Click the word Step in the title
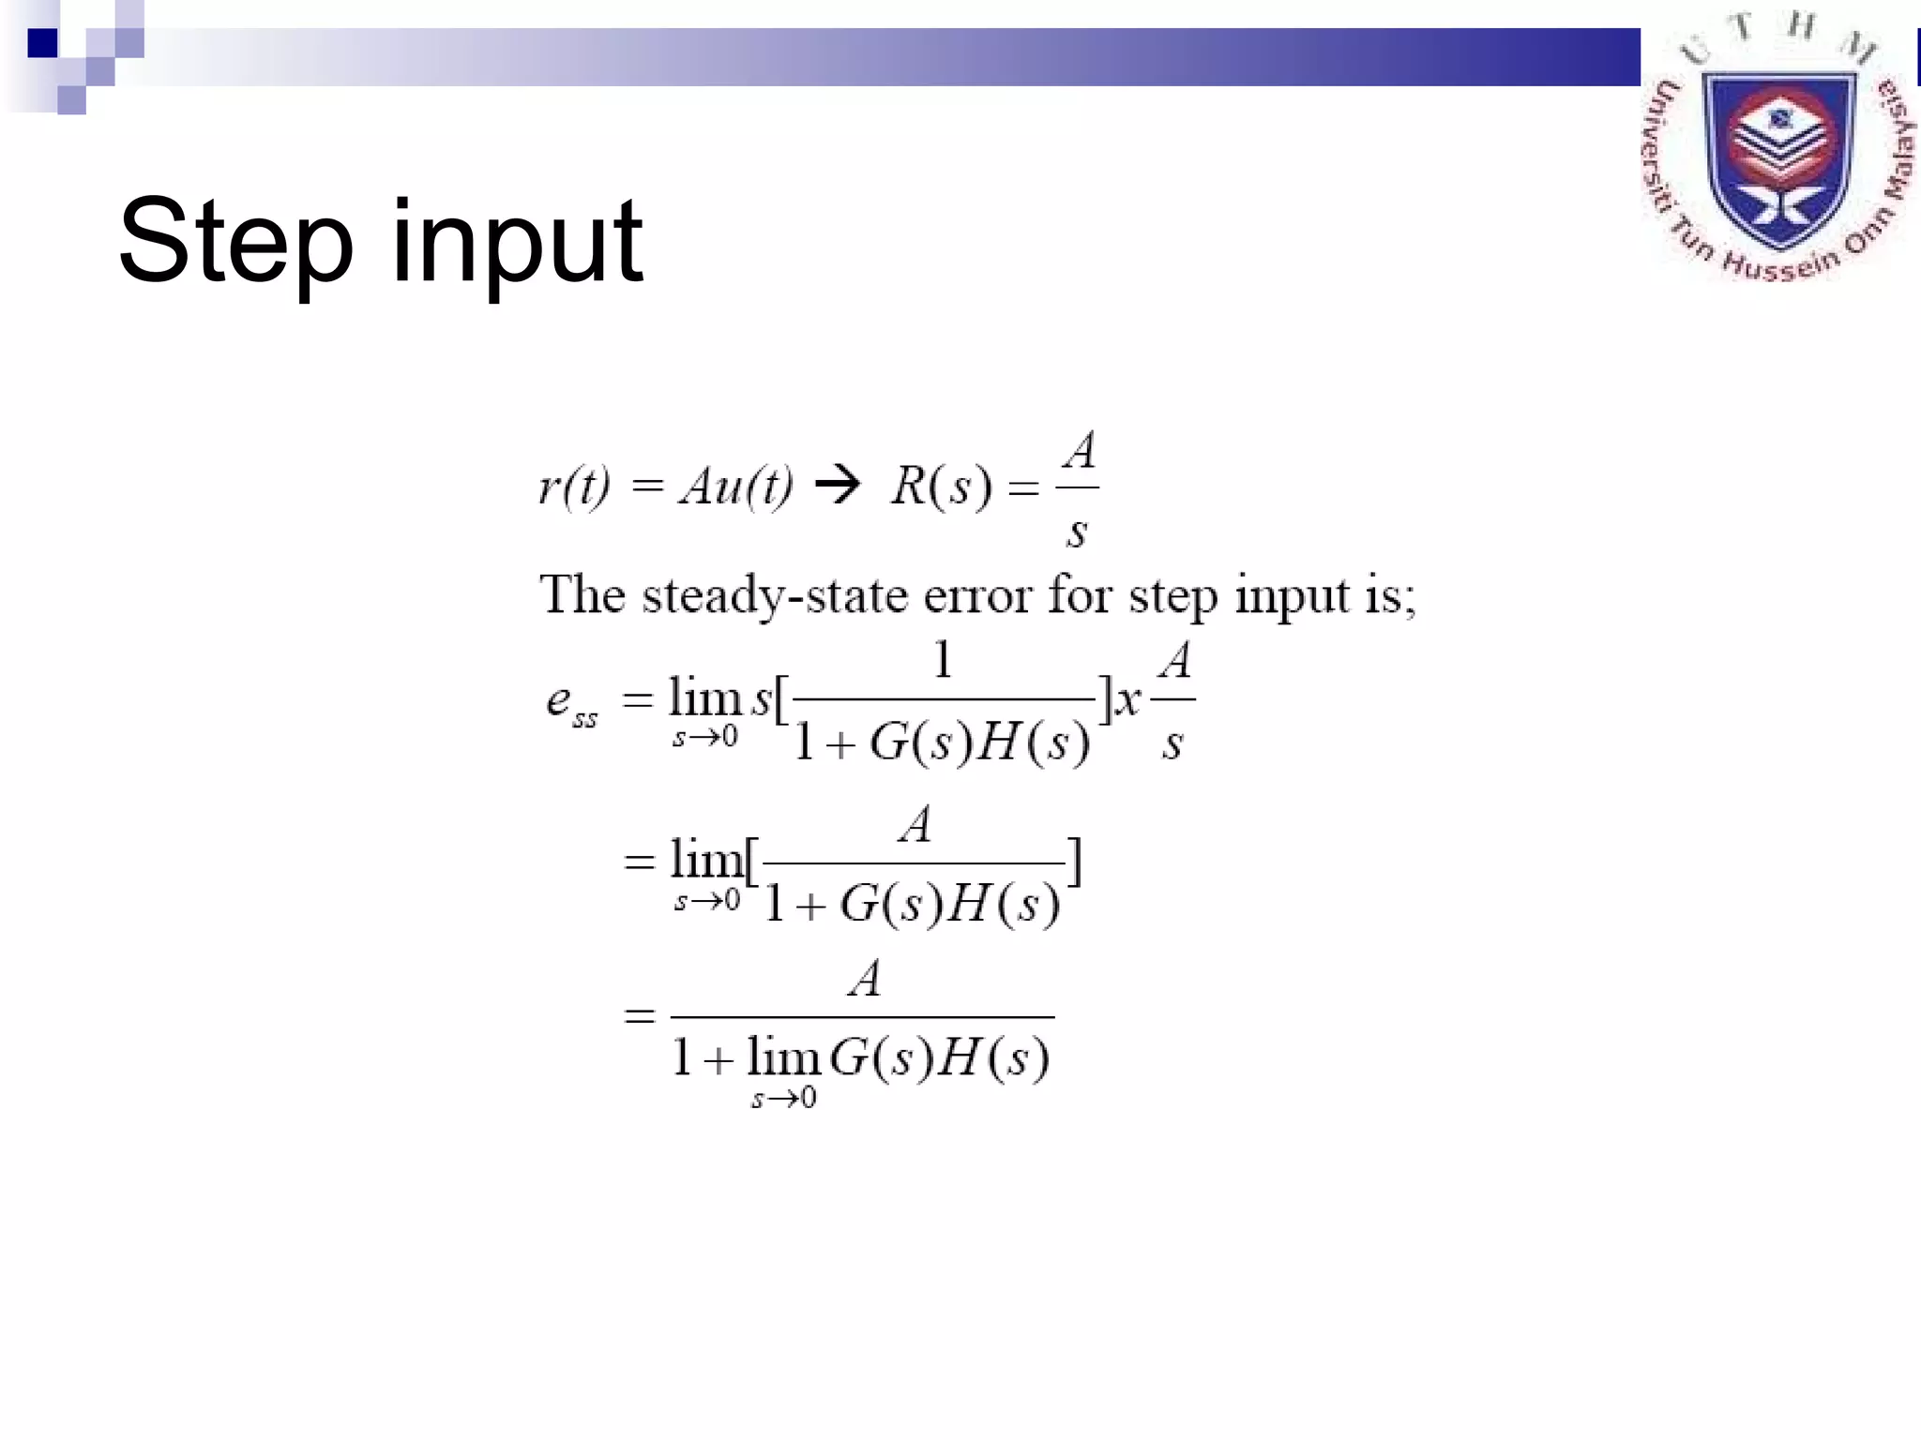(x=235, y=241)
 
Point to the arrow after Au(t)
(x=838, y=485)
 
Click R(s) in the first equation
(x=941, y=487)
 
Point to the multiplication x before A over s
(x=1128, y=699)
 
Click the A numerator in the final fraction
(x=864, y=979)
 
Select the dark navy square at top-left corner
(x=43, y=43)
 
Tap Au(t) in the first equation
(x=736, y=487)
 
